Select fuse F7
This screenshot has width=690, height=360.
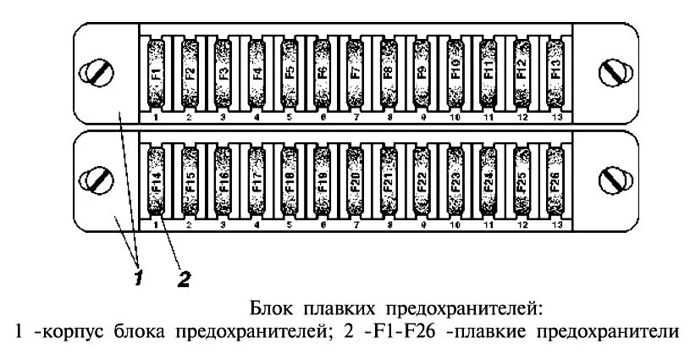click(x=356, y=74)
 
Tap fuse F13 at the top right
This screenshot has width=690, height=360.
click(x=555, y=74)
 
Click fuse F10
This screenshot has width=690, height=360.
click(x=455, y=74)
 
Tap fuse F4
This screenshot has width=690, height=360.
click(x=256, y=74)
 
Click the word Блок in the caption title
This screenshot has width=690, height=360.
click(x=269, y=307)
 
